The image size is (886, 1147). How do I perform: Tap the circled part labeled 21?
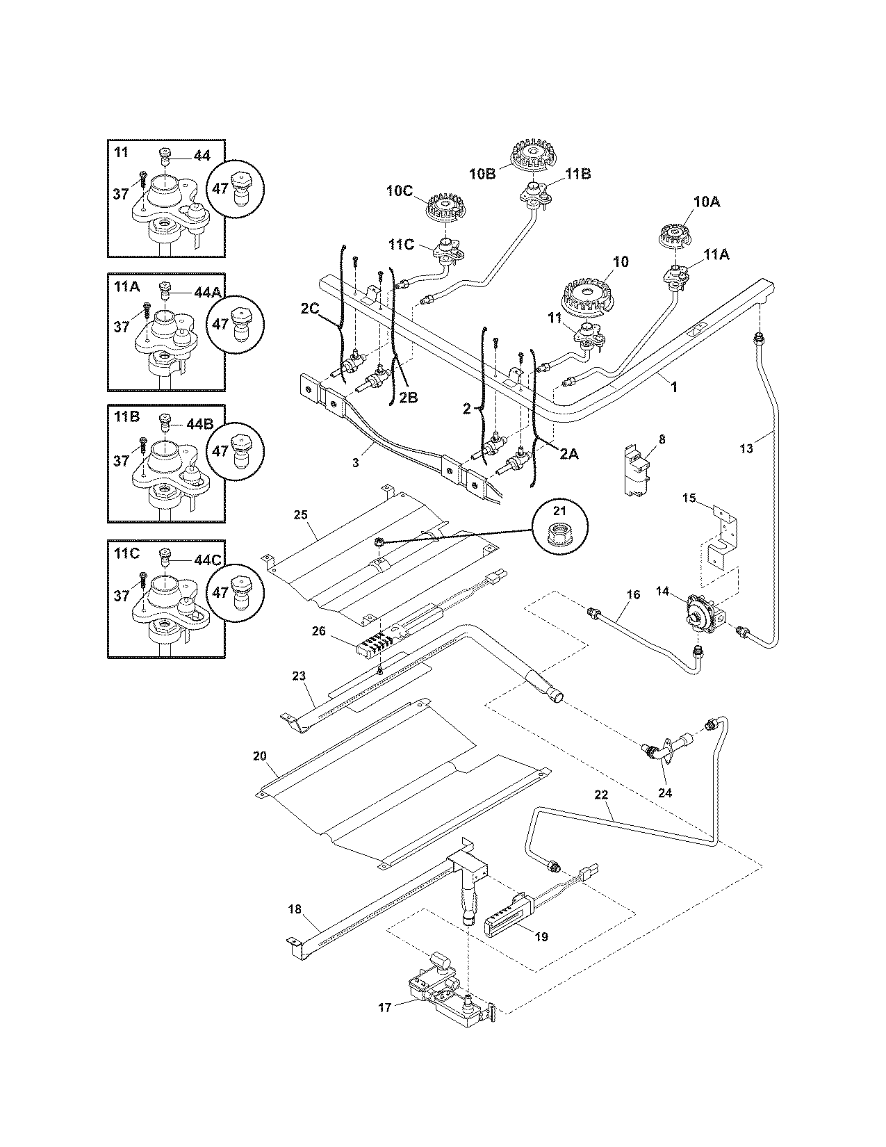point(560,531)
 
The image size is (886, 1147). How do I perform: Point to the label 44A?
point(207,292)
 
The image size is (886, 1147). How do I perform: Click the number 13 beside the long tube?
point(746,449)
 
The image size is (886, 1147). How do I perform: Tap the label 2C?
point(310,309)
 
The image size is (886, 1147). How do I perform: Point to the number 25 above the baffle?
point(300,515)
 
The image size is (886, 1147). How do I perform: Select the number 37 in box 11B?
point(122,460)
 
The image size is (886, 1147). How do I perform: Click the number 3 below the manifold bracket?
point(355,463)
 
